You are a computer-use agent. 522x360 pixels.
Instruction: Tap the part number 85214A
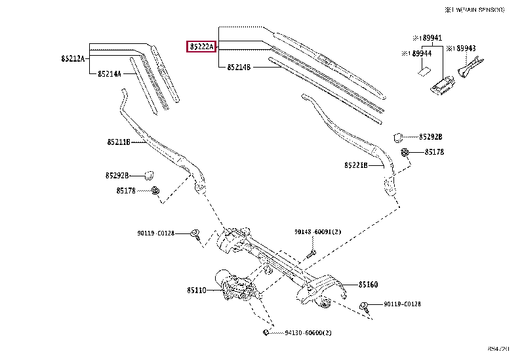tap(109, 73)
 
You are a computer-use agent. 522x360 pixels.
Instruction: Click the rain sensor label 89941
tap(433, 38)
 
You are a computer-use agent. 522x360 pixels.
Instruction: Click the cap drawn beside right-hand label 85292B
tap(398, 136)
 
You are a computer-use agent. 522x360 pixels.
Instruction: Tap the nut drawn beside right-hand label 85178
tap(407, 153)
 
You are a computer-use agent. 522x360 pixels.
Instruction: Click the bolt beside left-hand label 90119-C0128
tap(195, 234)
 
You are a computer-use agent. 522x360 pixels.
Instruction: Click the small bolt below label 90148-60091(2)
tap(313, 252)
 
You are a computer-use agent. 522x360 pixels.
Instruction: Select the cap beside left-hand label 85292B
tap(148, 174)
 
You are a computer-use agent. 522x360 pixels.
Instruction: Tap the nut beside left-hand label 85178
tap(155, 191)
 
